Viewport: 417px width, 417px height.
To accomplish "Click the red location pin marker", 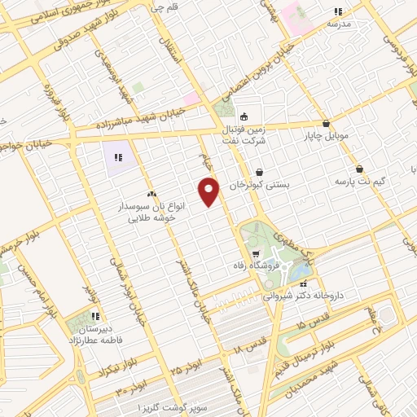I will pyautogui.click(x=210, y=191).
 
